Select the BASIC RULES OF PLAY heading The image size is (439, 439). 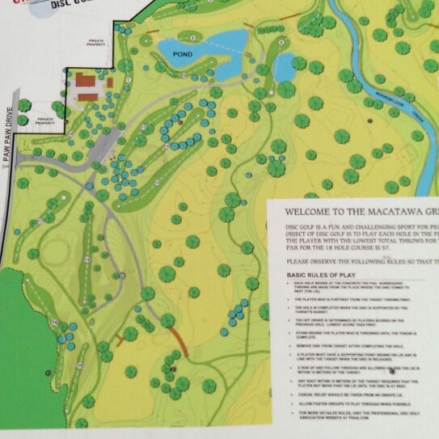point(323,275)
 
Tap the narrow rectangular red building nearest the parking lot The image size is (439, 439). point(88,97)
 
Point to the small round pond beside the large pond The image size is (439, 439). point(284,70)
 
